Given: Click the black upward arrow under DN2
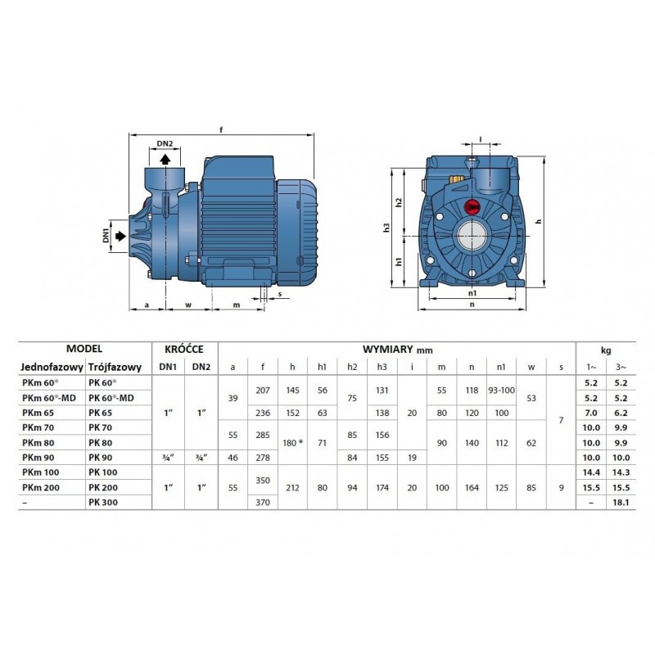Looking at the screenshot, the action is pos(165,159).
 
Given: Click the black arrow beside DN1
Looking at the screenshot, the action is pos(120,236).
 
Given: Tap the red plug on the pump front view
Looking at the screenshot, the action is pos(472,206).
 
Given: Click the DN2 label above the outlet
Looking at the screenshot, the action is pos(165,144).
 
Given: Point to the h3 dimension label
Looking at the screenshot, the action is pos(386,228).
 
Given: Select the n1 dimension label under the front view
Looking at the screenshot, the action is pos(472,293).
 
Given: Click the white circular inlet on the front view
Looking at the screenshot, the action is pos(472,236).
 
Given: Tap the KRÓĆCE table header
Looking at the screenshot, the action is pos(184,350).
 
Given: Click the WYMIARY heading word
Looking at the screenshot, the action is pos(387,350).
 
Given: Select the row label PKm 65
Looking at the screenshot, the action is pos(38,413).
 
